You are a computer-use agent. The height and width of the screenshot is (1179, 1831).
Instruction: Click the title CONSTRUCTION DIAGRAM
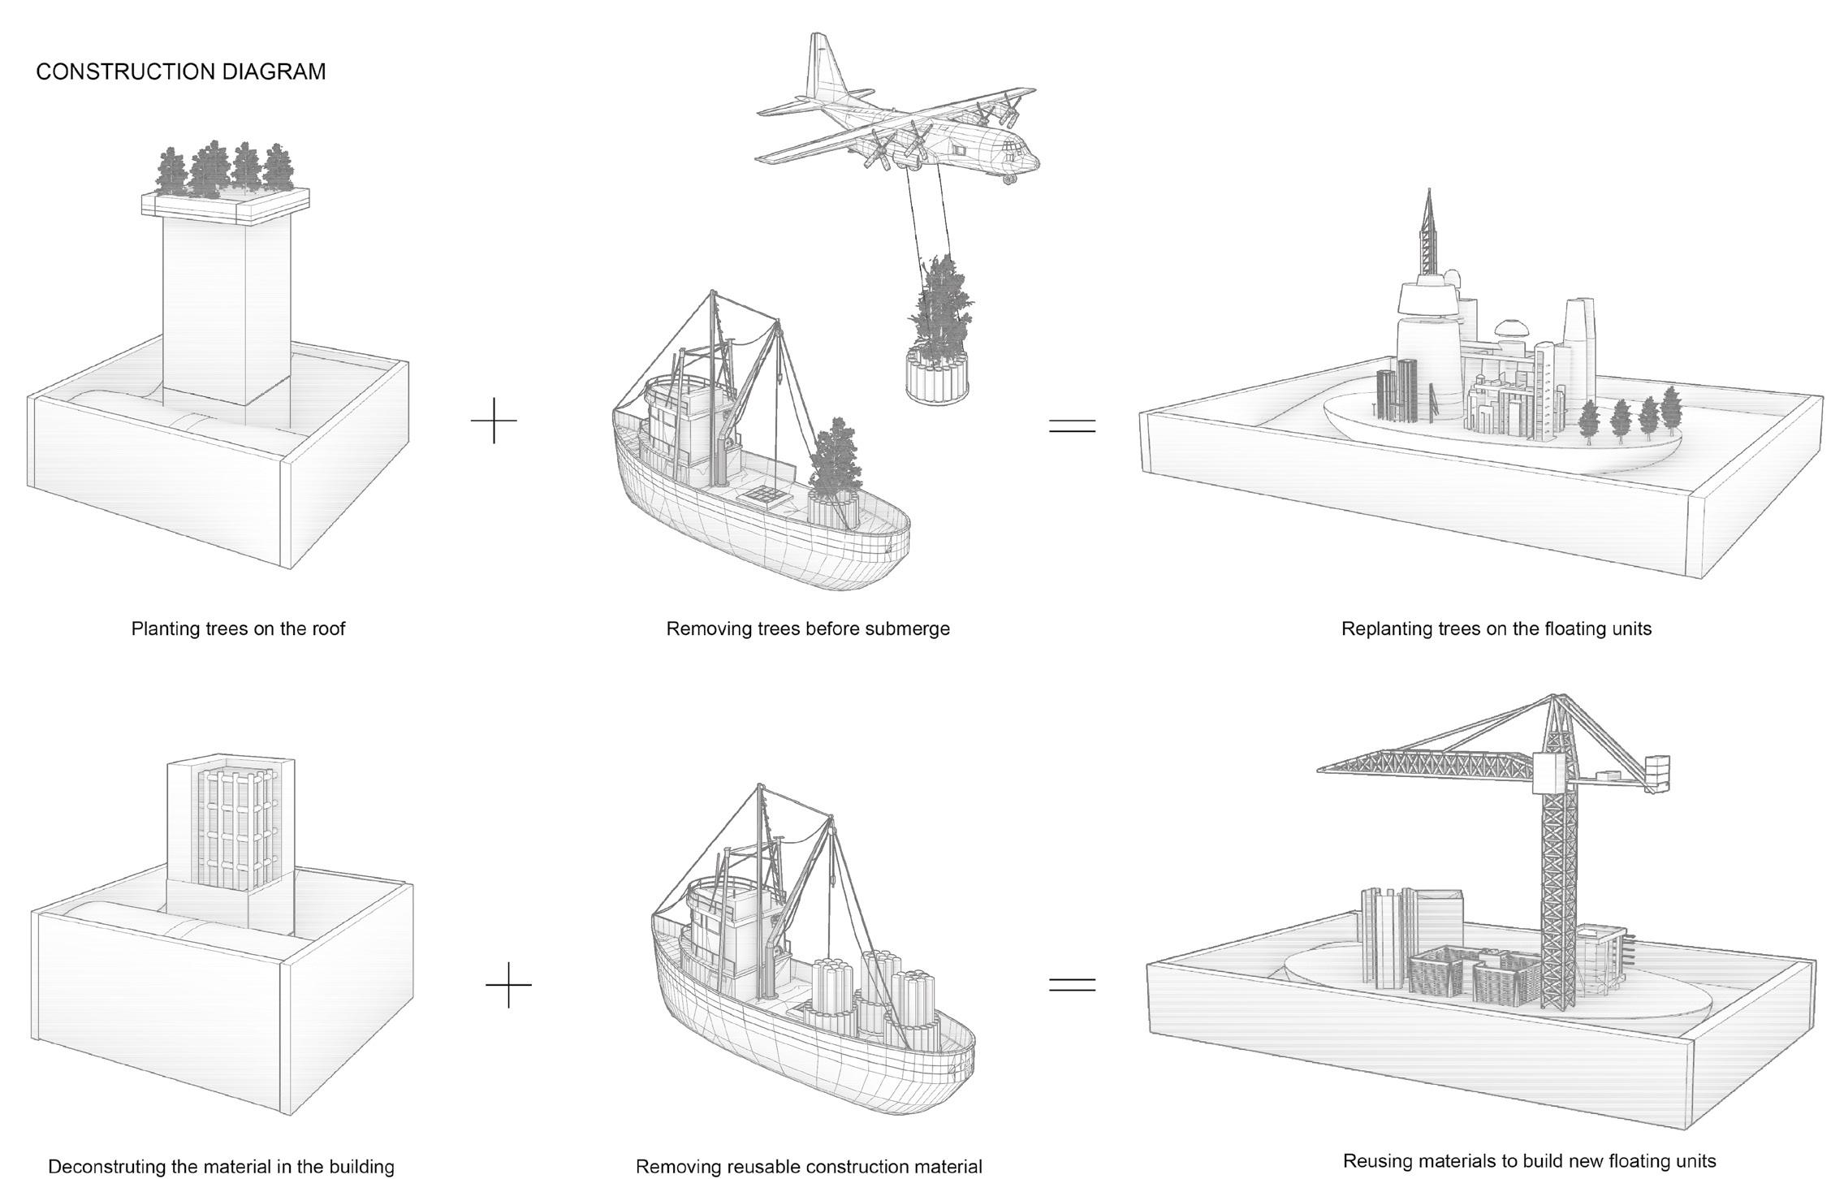(181, 71)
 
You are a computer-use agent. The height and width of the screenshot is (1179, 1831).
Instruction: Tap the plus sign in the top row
(494, 421)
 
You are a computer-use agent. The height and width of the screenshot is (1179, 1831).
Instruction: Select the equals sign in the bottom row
(1072, 984)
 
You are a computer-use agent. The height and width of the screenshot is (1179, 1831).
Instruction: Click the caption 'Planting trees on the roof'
(238, 628)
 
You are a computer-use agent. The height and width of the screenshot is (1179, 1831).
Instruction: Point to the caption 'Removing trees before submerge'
(807, 628)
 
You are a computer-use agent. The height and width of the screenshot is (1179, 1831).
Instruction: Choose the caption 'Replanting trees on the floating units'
(1496, 628)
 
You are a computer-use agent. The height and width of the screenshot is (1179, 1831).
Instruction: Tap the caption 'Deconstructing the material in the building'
(221, 1166)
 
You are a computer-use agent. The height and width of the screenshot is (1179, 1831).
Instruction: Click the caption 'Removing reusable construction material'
(808, 1166)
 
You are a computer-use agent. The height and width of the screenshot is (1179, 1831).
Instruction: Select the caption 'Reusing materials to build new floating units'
(1529, 1160)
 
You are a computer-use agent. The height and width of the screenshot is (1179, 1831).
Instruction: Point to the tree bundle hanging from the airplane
(939, 341)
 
